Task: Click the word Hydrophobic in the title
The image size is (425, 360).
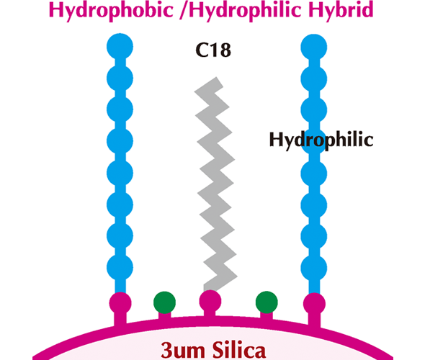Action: (x=111, y=10)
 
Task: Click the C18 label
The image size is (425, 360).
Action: (x=213, y=50)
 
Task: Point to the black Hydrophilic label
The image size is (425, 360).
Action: (x=321, y=140)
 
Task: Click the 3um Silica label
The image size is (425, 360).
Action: (x=213, y=350)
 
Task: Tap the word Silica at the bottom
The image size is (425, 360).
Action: (x=239, y=350)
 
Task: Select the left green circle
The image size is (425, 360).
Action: (x=164, y=302)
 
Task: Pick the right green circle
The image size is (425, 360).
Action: (x=267, y=302)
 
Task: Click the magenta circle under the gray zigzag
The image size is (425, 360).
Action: (x=210, y=301)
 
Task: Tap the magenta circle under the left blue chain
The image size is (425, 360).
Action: (x=120, y=303)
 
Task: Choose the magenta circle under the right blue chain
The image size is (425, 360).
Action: (x=314, y=304)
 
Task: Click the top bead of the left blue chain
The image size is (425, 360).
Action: (x=120, y=47)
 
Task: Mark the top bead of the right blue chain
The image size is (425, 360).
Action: (x=314, y=47)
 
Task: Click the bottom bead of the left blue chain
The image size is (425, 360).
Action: (x=120, y=268)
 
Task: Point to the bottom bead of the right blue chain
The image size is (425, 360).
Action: (x=314, y=268)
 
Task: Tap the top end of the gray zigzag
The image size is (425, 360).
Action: (x=216, y=81)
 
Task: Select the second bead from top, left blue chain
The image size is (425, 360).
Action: (x=120, y=78)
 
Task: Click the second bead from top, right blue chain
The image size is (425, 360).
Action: (x=314, y=78)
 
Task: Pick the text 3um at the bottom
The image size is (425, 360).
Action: (x=183, y=350)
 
